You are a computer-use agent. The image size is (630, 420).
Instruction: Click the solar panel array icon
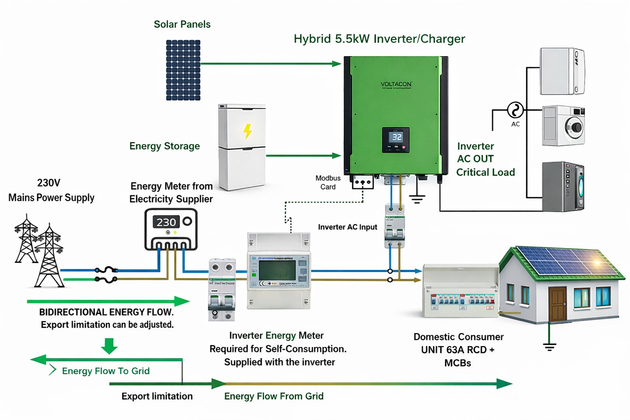183,70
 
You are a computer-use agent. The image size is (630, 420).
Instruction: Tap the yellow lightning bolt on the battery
247,131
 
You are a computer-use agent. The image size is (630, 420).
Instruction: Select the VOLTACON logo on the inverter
396,84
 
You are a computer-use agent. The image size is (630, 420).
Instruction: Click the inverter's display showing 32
397,137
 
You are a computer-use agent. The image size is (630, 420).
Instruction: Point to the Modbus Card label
328,183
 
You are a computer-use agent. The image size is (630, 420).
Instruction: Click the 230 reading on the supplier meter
166,222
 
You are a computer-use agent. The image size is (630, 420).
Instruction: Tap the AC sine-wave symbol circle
515,110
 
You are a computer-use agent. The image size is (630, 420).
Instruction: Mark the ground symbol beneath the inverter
417,199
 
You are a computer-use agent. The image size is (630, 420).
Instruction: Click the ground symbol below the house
550,347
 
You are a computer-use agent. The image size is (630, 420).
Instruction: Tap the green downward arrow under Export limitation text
109,346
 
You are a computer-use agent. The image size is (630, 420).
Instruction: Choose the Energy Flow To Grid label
106,371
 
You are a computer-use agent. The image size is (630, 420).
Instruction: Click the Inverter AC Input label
347,227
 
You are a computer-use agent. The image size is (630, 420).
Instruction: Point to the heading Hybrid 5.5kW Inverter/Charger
379,39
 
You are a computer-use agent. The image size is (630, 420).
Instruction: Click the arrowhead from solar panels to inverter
336,64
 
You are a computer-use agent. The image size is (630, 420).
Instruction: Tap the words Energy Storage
164,146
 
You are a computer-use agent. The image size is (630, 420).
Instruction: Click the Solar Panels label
182,24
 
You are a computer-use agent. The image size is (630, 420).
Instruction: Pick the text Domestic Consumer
458,337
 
